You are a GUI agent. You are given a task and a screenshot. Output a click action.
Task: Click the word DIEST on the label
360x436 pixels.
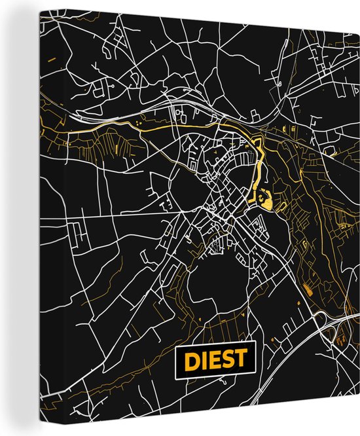click(x=215, y=361)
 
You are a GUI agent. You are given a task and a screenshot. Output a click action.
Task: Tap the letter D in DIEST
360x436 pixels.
click(x=190, y=361)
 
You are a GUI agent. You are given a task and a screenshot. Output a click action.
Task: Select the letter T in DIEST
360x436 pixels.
click(x=240, y=361)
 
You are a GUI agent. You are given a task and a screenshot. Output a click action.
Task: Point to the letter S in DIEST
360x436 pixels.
click(x=227, y=361)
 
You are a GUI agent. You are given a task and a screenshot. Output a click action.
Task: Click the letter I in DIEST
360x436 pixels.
click(x=202, y=361)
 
